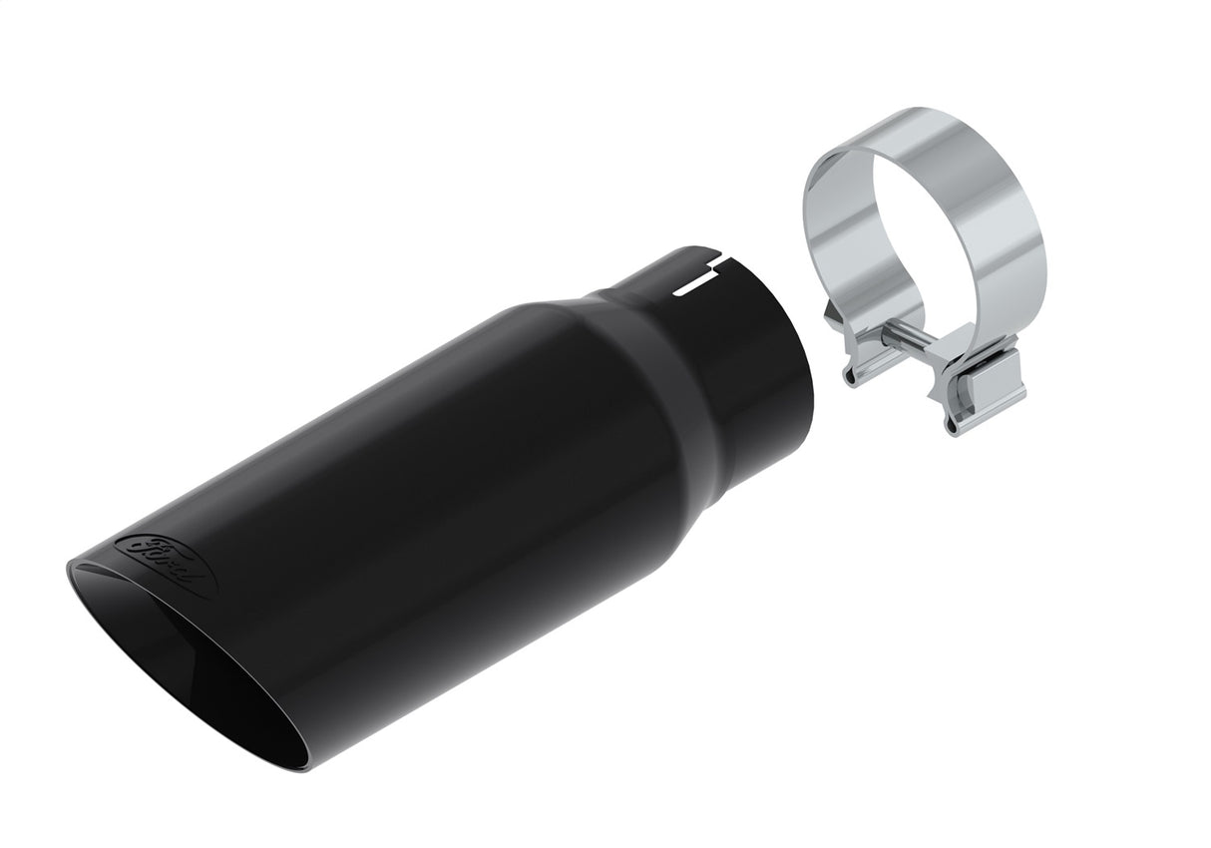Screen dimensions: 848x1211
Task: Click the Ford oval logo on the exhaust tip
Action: coord(166,564)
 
